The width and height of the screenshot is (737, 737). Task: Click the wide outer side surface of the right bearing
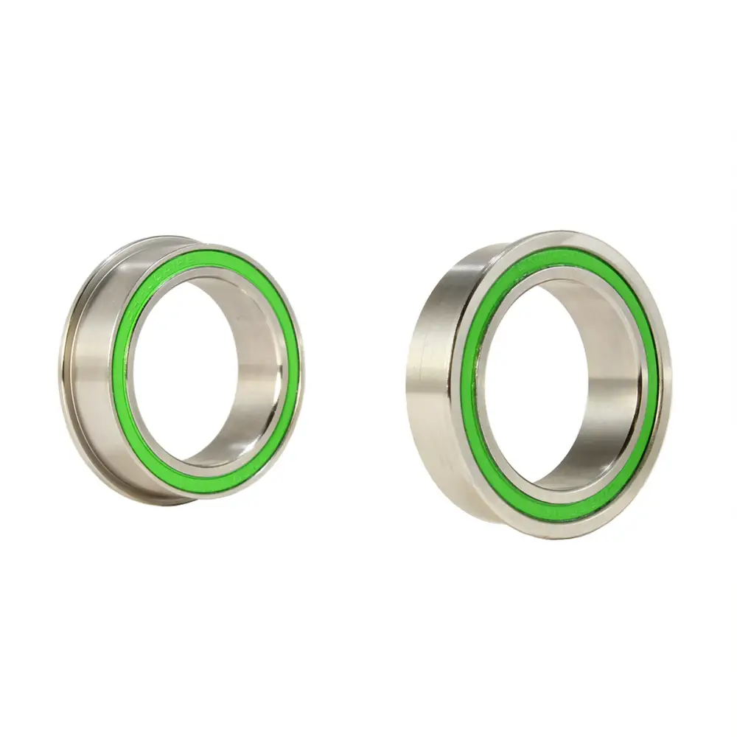coord(431,368)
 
